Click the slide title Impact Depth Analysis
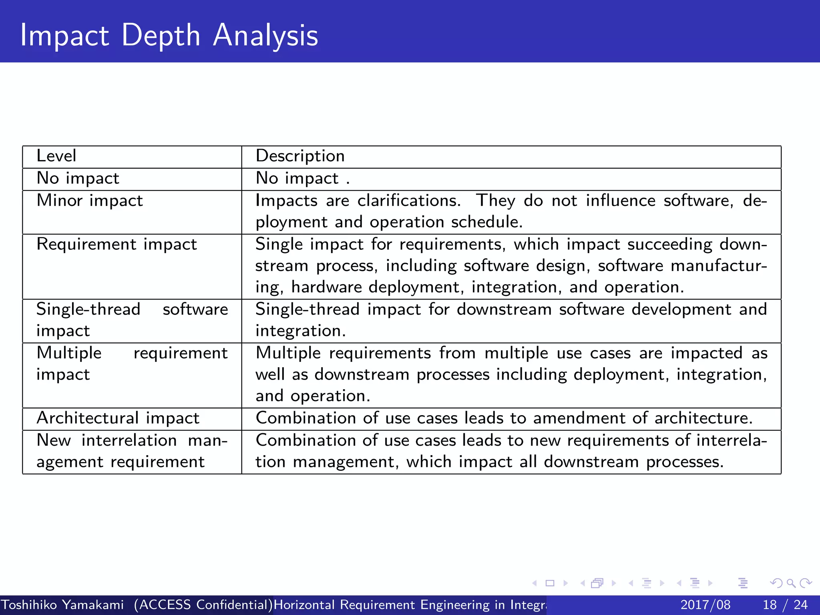169,35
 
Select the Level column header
56,156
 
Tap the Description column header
300,156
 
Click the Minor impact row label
90,201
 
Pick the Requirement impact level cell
117,244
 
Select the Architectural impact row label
118,418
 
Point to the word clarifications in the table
408,201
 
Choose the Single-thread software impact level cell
132,320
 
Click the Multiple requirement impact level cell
132,364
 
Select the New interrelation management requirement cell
132,451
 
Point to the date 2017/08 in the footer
705,605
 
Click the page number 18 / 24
785,605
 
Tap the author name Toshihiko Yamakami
62,605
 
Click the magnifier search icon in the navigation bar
791,583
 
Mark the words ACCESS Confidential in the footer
203,605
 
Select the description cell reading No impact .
303,178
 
